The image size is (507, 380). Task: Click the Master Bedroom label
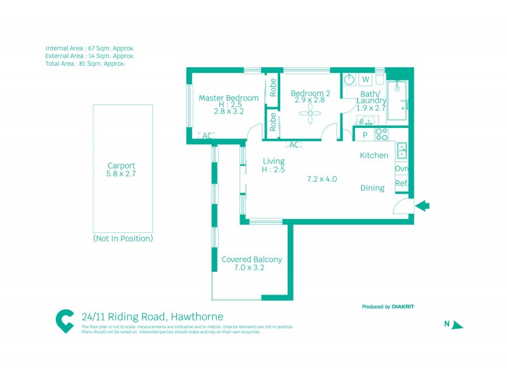(229, 98)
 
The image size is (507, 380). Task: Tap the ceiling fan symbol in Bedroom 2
(311, 115)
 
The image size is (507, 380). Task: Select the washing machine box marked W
(366, 80)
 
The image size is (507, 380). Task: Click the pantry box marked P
(365, 135)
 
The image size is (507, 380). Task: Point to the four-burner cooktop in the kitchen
(382, 134)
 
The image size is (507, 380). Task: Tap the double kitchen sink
(402, 151)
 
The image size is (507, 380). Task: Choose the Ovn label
(401, 168)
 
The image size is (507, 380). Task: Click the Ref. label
(401, 184)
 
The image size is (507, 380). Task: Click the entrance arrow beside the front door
(423, 205)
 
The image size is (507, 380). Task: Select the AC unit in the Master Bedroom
(207, 135)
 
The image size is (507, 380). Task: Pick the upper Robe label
(273, 87)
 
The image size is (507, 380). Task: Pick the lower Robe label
(273, 122)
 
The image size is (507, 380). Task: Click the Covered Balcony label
(252, 260)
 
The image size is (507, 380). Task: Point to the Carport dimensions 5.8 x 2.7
(122, 173)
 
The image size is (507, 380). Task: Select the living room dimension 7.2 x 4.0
(322, 179)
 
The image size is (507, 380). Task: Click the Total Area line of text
(86, 63)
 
